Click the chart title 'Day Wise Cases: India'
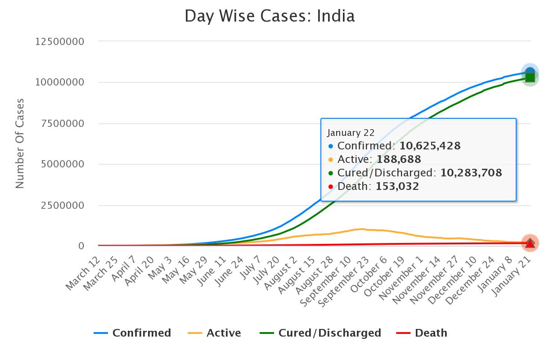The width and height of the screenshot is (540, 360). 270,16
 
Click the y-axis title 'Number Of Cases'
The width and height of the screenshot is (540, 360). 20,143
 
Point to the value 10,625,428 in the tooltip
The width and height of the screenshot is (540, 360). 430,146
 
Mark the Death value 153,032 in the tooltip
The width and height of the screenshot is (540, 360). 396,186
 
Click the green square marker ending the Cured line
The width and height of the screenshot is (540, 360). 530,77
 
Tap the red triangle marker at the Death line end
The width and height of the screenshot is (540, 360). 530,243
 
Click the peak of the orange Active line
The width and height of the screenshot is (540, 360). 360,229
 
